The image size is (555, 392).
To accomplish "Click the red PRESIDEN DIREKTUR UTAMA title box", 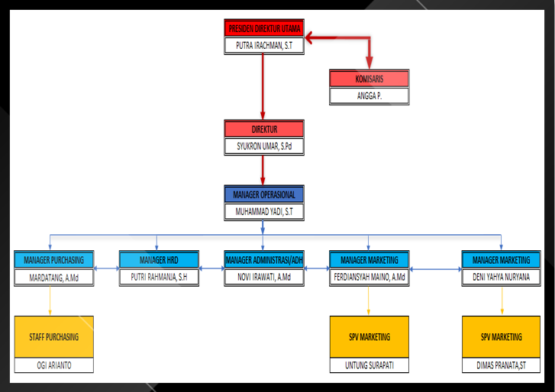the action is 264,28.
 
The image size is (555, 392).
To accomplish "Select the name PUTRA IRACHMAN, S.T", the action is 264,46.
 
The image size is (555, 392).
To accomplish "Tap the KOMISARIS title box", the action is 369,79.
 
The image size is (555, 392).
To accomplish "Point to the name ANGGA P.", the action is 369,96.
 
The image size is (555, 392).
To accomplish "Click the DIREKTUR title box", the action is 264,129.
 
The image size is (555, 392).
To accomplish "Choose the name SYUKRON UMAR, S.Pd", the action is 264,146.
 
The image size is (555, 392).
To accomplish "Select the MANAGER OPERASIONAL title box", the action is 264,194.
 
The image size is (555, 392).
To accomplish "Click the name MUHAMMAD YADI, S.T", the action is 264,212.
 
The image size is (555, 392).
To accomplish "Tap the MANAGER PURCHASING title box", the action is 53,260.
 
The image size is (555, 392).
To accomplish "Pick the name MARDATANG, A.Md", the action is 53,278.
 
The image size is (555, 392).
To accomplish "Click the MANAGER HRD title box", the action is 159,260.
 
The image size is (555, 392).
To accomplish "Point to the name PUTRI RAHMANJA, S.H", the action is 159,277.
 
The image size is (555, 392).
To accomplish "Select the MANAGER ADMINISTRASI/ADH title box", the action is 264,260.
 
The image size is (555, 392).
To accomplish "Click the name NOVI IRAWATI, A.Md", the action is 264,277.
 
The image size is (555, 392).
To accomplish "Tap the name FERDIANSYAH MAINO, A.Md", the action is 369,277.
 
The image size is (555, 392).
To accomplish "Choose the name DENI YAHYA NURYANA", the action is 502,277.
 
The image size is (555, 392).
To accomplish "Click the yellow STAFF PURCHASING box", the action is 53,336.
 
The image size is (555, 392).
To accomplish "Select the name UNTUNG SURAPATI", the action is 369,365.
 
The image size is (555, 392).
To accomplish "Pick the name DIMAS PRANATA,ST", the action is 502,365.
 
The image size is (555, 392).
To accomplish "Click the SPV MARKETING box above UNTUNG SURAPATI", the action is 369,336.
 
